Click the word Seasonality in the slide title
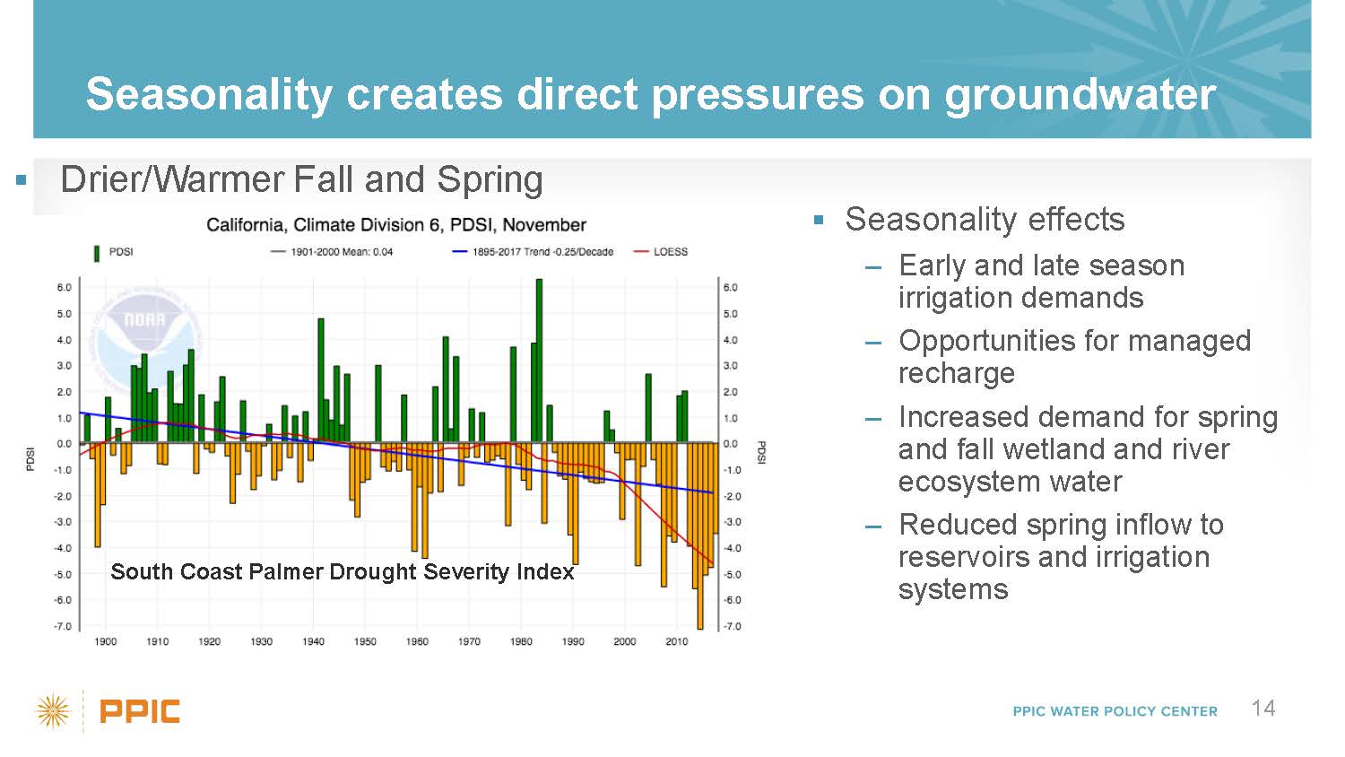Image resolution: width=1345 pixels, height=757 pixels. click(209, 94)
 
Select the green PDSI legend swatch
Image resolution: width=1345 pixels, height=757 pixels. click(97, 252)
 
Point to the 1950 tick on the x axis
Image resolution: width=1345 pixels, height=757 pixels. click(365, 641)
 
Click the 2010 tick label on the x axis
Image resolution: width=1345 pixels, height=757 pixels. click(677, 641)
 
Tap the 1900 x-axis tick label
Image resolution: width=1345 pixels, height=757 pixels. click(106, 641)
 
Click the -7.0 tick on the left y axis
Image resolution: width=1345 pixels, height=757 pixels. click(64, 626)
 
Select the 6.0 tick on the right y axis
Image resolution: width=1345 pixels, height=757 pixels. click(731, 288)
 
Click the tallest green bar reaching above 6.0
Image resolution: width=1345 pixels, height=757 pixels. click(539, 359)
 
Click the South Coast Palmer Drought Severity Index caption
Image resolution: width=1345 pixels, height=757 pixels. click(342, 571)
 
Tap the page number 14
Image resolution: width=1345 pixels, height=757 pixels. click(1263, 709)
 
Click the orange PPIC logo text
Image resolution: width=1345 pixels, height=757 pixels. click(140, 712)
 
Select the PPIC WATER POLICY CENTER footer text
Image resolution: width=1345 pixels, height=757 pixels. click(1115, 711)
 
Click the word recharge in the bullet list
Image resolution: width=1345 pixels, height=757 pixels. click(956, 373)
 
